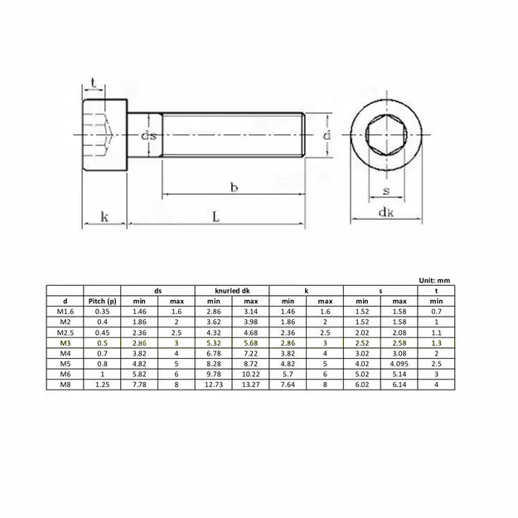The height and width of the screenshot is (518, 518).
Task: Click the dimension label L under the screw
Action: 215,217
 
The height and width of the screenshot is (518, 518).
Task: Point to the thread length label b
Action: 234,187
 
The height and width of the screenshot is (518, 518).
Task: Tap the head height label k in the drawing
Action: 104,217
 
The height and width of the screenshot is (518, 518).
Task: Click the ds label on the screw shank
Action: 149,136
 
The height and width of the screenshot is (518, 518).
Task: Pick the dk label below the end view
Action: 386,212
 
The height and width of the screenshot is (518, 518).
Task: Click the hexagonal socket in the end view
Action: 386,136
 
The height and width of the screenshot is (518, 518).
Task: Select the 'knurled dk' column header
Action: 233,291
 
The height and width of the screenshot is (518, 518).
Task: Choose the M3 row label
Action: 64,341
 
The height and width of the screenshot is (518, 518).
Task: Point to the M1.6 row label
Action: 64,311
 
